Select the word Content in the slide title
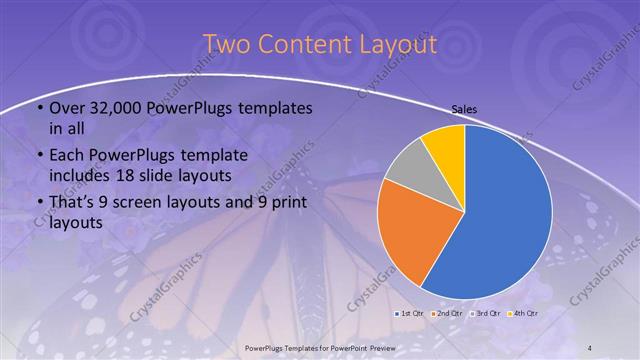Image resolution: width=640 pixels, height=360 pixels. pos(300,45)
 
